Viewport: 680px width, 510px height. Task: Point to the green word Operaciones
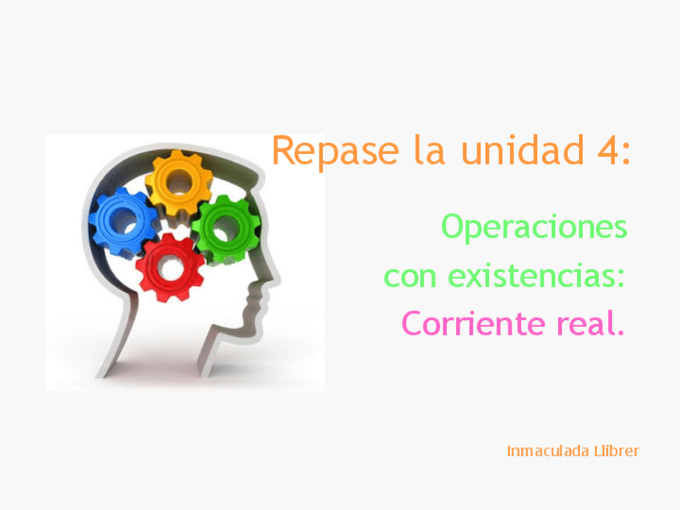pyautogui.click(x=534, y=227)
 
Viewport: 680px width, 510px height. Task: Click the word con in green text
pyautogui.click(x=411, y=277)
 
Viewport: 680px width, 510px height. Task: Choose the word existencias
pyautogui.click(x=536, y=277)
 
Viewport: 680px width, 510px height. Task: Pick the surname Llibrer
pyautogui.click(x=616, y=451)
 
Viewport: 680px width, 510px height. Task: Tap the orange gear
pyautogui.click(x=178, y=183)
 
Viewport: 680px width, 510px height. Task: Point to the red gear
pyautogui.click(x=170, y=268)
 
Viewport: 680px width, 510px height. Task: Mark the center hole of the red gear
pyautogui.click(x=171, y=269)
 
